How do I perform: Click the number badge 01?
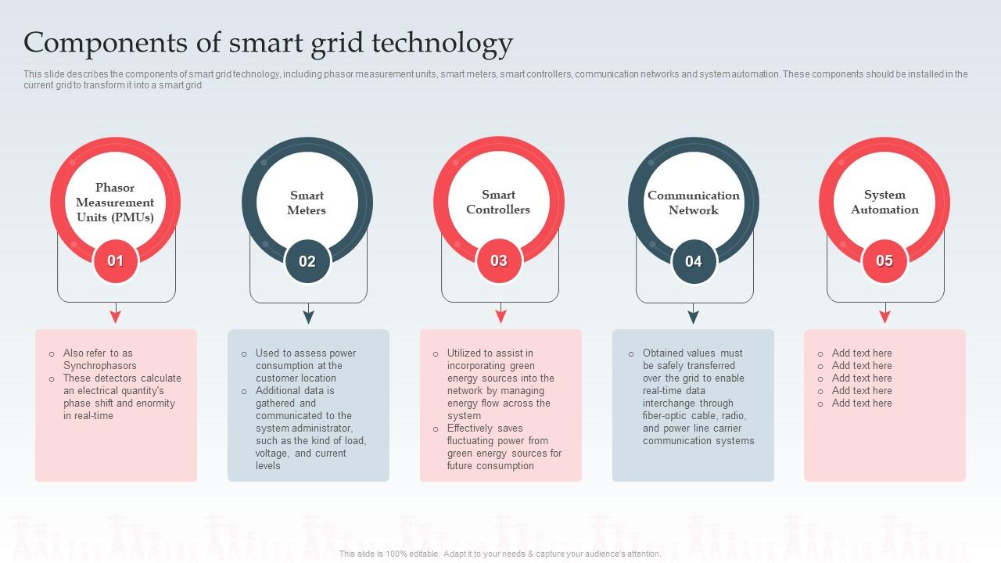point(115,261)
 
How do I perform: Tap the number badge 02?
point(307,262)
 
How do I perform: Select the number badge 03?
point(499,261)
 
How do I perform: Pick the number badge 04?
point(694,262)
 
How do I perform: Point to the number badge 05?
point(884,261)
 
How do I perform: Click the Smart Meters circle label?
point(307,203)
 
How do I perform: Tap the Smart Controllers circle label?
point(498,202)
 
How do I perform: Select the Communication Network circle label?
point(694,203)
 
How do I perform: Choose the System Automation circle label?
point(884,202)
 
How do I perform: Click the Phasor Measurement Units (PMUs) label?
point(115,203)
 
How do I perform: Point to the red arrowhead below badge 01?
point(116,316)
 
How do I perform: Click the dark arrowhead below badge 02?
point(308,316)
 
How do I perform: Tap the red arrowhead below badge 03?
point(500,316)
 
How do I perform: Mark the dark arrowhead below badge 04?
point(693,316)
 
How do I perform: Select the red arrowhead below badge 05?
point(884,316)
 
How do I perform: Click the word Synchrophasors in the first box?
point(100,366)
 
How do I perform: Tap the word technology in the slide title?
point(442,42)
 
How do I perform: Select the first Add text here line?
point(862,353)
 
